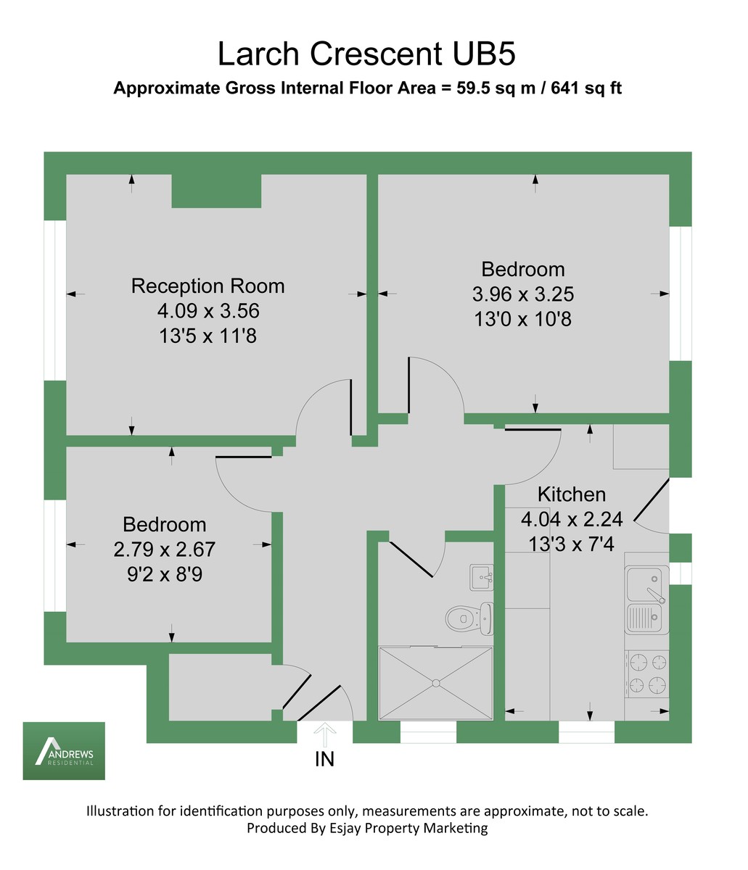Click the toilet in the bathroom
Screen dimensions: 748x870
click(x=469, y=618)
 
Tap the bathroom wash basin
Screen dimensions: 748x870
click(x=481, y=578)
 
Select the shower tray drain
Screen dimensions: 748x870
click(x=436, y=684)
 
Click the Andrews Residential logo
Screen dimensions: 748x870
click(x=64, y=751)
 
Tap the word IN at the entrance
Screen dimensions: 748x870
click(x=324, y=759)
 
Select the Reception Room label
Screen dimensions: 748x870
click(x=208, y=286)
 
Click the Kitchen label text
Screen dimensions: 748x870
click(x=572, y=494)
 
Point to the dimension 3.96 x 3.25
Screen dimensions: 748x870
click(x=522, y=294)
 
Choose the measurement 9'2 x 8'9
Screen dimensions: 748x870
click(x=165, y=574)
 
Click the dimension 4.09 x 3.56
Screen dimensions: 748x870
click(x=208, y=311)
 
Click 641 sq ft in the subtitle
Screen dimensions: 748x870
click(x=586, y=88)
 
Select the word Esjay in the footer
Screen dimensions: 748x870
click(x=345, y=828)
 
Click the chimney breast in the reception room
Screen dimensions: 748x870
click(x=216, y=191)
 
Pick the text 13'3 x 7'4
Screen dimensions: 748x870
click(x=571, y=544)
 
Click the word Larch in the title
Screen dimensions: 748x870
click(x=258, y=54)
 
